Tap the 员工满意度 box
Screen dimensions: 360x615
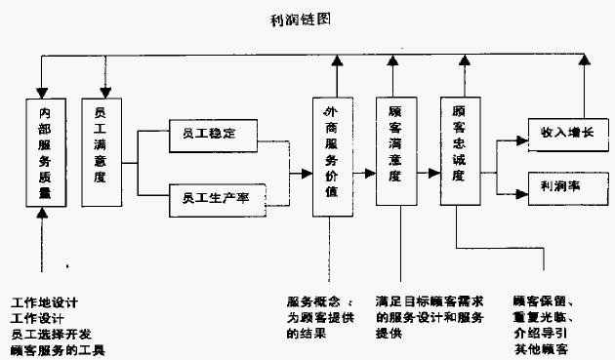point(101,151)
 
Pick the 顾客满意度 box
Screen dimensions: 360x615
point(394,151)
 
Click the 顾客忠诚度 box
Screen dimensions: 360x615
point(458,151)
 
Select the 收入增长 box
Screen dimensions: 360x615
point(560,132)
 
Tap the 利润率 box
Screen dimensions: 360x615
point(560,184)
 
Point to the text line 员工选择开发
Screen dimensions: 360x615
point(51,334)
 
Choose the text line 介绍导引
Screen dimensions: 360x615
point(542,334)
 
